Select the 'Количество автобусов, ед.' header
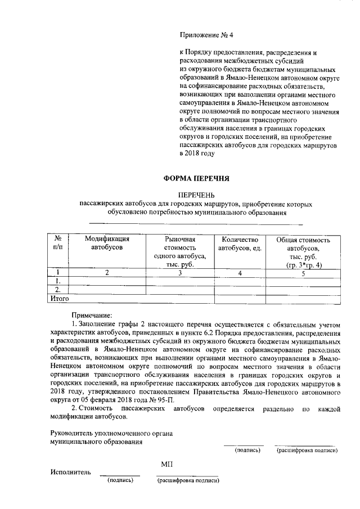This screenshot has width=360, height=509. click(x=240, y=244)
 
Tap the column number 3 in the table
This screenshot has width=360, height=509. click(x=179, y=273)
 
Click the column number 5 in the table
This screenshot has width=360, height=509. click(x=303, y=273)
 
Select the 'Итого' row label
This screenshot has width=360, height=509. click(x=60, y=299)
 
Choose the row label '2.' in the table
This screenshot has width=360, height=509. click(x=57, y=290)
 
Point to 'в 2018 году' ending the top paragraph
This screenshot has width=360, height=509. click(x=197, y=153)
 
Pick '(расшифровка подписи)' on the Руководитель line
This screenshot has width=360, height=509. click(x=307, y=451)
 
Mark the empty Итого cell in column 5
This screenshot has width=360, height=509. click(x=303, y=299)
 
